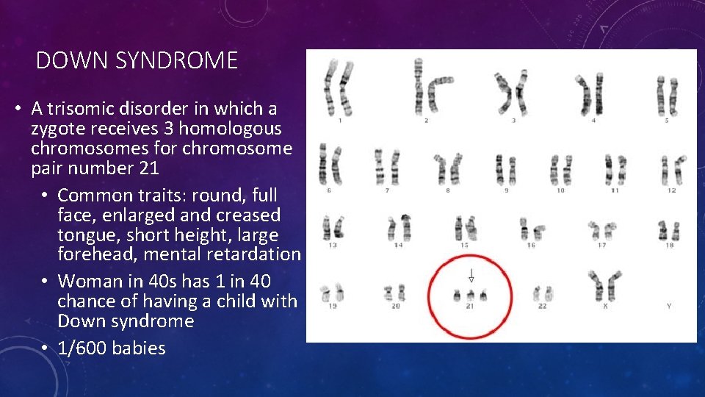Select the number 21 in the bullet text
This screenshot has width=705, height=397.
147,168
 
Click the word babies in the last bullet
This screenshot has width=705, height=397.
139,348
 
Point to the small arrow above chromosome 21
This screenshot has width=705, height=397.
471,276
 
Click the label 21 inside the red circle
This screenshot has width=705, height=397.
470,306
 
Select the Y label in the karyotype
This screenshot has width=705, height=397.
668,306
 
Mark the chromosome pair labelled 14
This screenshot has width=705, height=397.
399,227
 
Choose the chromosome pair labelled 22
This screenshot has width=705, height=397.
542,293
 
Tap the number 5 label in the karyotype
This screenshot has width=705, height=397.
667,120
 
